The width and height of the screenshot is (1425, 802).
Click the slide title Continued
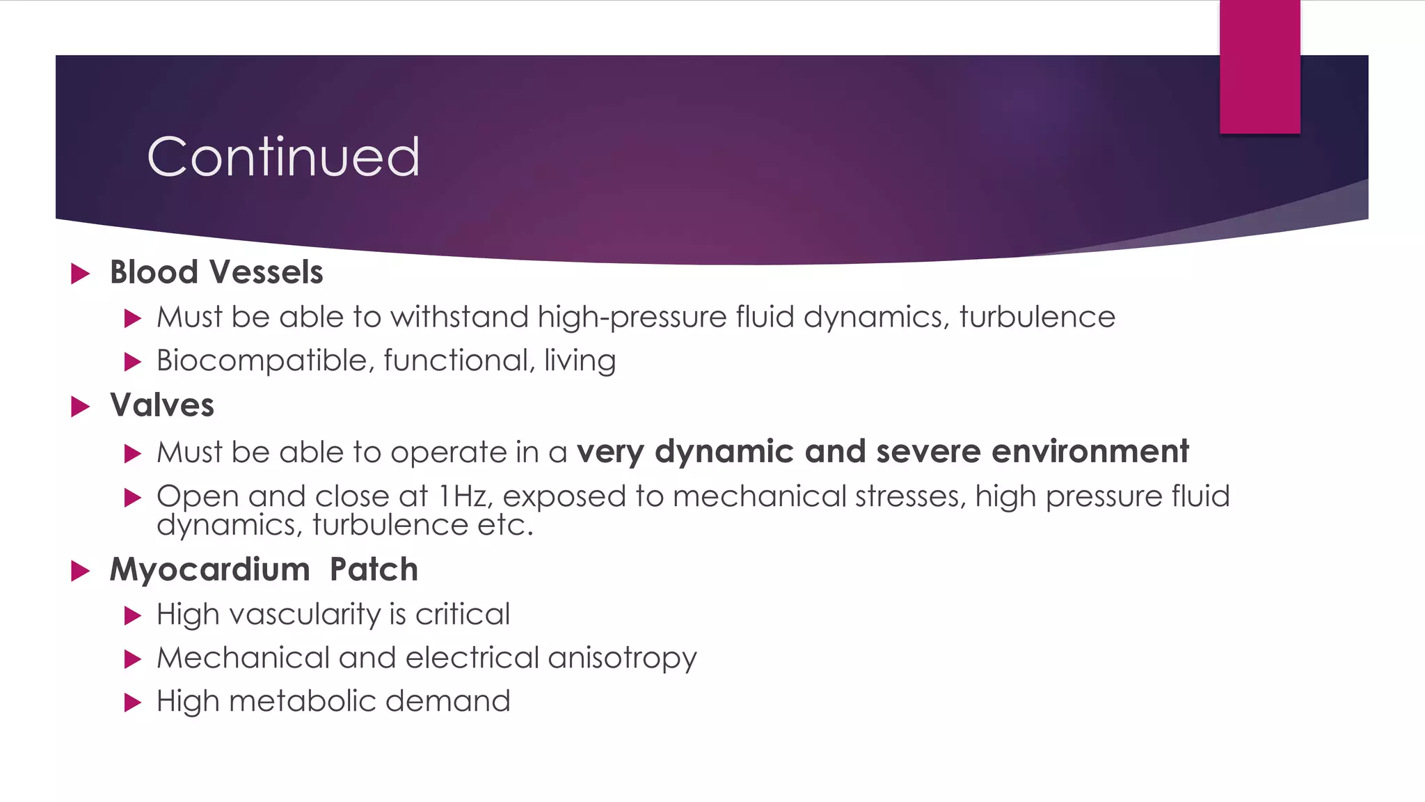coord(283,157)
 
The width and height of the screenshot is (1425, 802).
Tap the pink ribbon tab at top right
coord(1259,67)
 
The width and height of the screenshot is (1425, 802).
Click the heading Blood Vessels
coord(216,272)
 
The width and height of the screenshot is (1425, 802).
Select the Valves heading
coord(162,405)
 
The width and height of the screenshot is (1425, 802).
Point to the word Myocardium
coord(209,569)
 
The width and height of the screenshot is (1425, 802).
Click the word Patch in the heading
coord(374,569)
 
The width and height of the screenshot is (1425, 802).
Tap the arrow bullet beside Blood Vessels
coord(81,274)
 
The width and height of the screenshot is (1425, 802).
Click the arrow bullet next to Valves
coord(81,407)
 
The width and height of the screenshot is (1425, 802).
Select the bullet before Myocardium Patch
coord(81,572)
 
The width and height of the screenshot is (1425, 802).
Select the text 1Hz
coord(463,496)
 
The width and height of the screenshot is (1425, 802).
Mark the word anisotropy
coord(622,658)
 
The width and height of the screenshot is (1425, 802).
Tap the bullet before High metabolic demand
coord(132,702)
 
